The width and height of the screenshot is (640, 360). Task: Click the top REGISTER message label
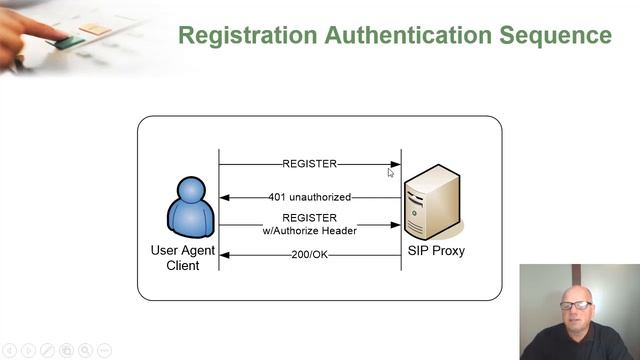[x=310, y=164]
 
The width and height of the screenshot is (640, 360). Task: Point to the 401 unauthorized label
[x=310, y=197]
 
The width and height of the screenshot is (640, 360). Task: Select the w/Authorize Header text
[x=310, y=230]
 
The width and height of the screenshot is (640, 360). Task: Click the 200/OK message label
[x=310, y=255]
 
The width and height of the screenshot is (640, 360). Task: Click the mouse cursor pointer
[x=390, y=172]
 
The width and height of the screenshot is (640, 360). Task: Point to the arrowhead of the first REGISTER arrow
[x=396, y=164]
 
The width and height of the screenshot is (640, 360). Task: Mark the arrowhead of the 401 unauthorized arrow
[x=225, y=197]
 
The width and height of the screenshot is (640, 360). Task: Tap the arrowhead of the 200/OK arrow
[x=225, y=255]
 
